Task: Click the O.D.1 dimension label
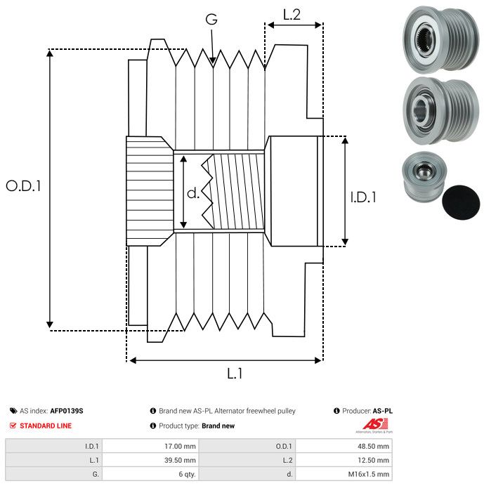coord(23,186)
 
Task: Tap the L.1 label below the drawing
coord(235,374)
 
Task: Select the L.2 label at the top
coord(292,14)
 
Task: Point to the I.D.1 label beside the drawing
coord(364,197)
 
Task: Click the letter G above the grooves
coord(211,20)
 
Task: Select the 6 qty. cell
coord(184,474)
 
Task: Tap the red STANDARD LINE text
coord(46,426)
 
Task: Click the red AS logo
coord(372,425)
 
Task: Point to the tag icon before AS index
coord(13,411)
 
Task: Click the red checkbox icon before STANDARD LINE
coord(13,426)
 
